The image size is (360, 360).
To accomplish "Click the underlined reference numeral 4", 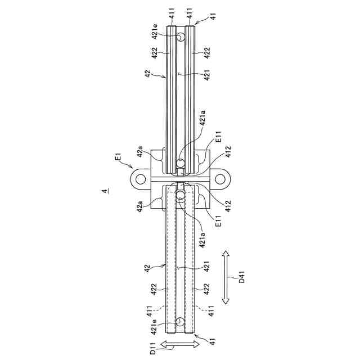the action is click(x=105, y=191).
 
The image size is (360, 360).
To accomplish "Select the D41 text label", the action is click(x=242, y=277).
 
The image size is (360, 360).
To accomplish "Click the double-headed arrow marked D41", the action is click(x=226, y=277).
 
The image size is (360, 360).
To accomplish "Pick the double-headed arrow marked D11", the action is click(x=180, y=344).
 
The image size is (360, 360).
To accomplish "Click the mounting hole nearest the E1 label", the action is click(x=141, y=179).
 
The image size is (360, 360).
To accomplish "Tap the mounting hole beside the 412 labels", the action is click(x=220, y=179).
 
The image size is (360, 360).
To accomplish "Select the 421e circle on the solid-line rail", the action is click(x=181, y=37).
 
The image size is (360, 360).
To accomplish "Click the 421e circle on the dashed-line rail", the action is click(x=180, y=322).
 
